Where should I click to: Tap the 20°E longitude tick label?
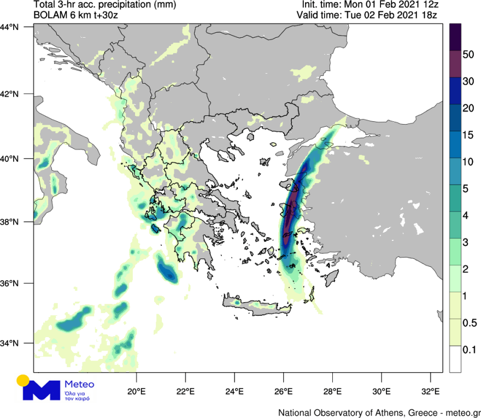(136, 391)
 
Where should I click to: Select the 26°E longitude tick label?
(284, 391)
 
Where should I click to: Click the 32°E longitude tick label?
(431, 391)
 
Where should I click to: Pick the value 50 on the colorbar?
(467, 55)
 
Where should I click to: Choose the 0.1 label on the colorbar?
(468, 349)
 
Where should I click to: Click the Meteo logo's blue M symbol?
(41, 390)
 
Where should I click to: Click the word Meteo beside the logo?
(79, 384)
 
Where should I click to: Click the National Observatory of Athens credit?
(379, 411)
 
